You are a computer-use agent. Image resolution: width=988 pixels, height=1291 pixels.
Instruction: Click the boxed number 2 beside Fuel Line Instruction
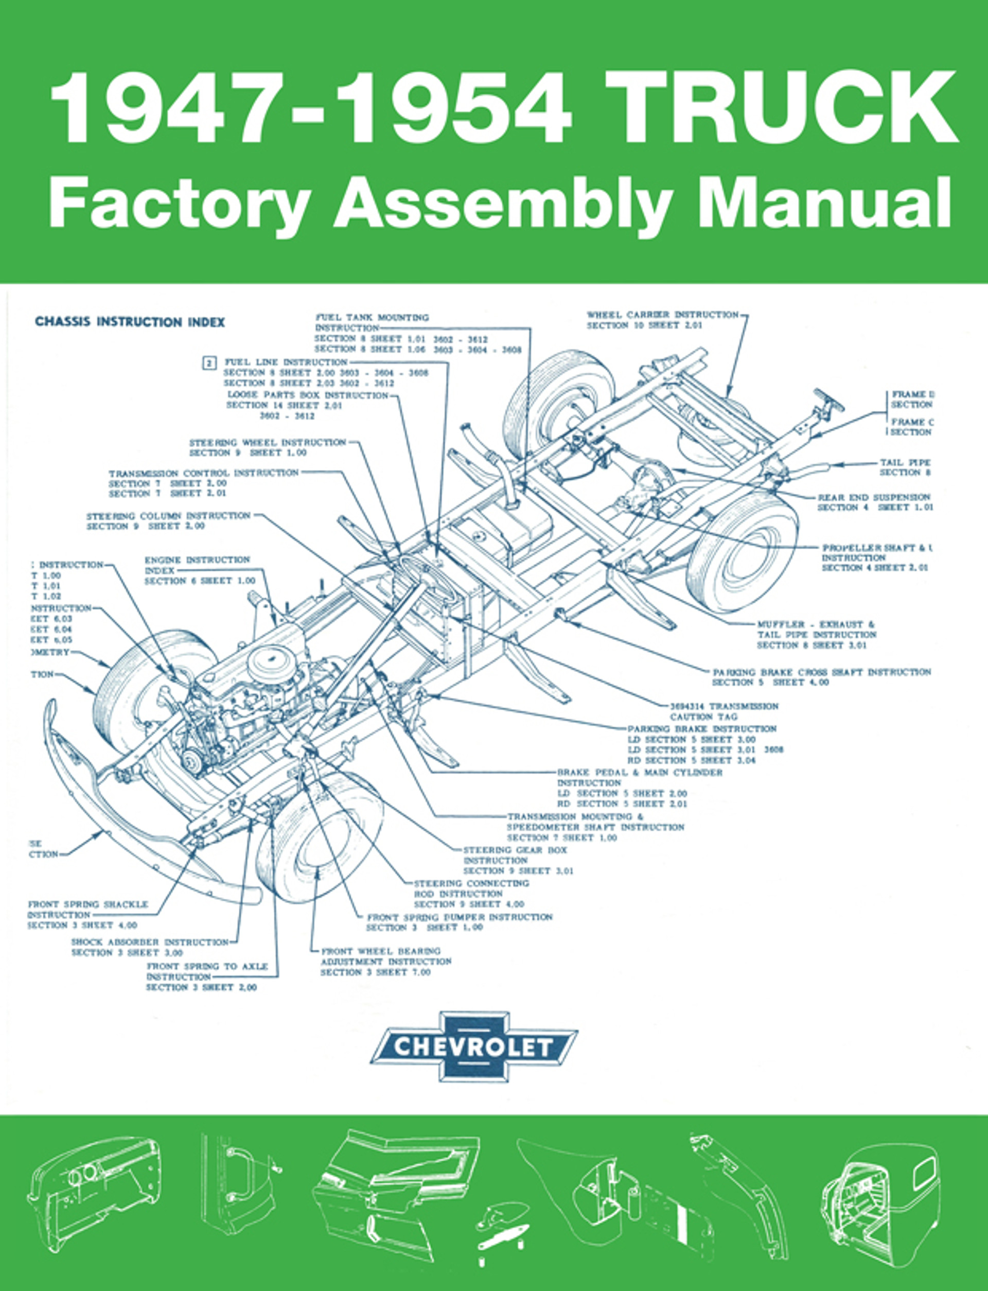209,363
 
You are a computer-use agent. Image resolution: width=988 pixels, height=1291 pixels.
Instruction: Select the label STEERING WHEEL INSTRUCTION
268,442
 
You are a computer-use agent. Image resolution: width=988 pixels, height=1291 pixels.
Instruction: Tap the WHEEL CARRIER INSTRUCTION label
662,315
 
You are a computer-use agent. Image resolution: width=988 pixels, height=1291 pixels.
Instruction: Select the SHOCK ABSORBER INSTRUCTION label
150,941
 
